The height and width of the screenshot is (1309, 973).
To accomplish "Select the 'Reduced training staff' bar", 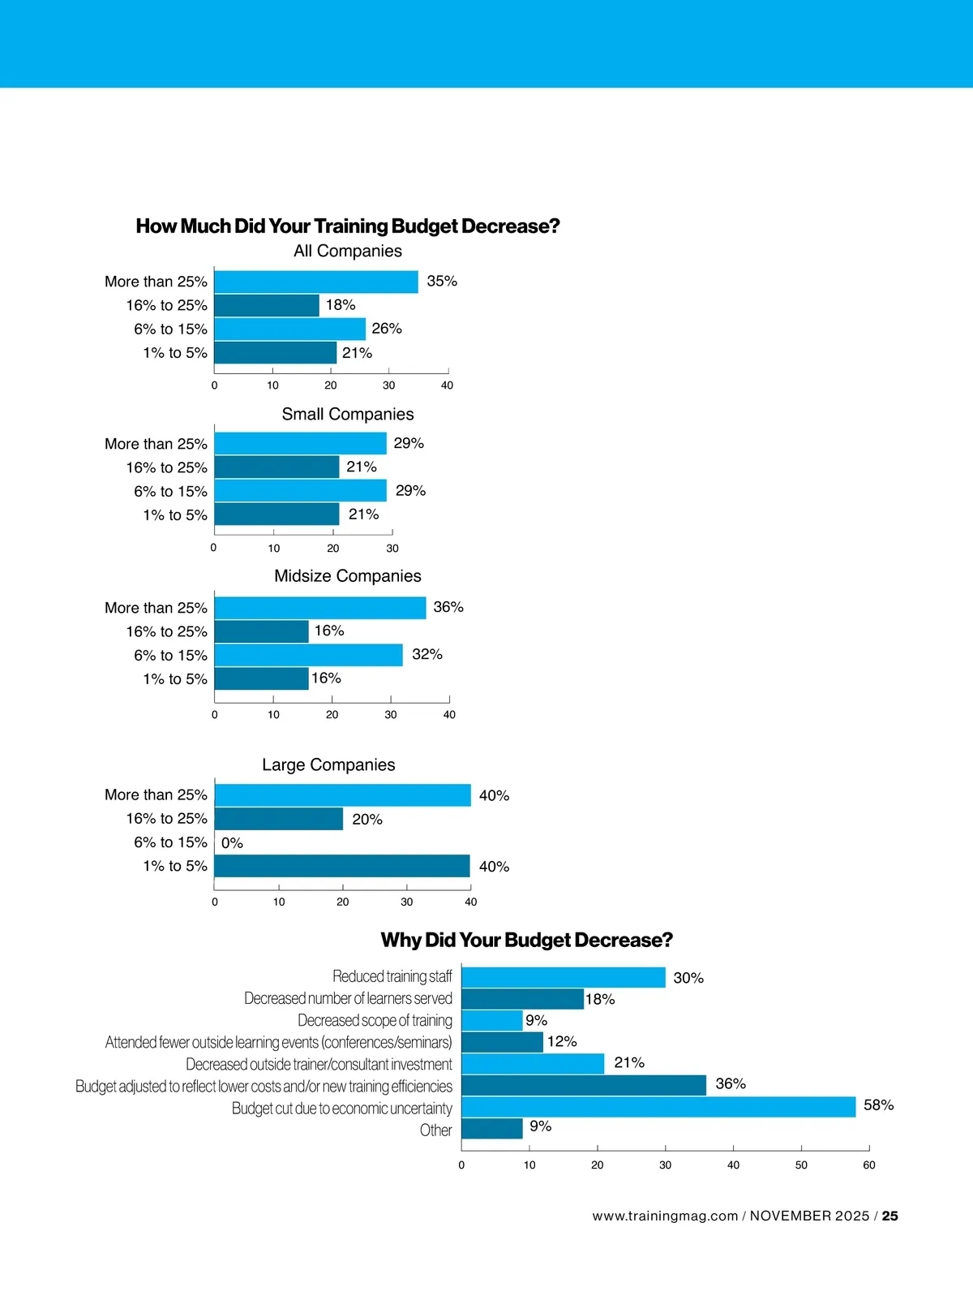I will [564, 977].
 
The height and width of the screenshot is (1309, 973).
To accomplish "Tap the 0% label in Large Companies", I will [232, 843].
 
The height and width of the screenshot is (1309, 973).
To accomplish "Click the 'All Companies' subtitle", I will [348, 251].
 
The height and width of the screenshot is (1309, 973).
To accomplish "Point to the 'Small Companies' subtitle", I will [348, 414].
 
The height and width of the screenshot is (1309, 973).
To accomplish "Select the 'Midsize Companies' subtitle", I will [348, 576].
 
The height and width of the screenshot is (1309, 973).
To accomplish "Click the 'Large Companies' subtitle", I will [328, 764].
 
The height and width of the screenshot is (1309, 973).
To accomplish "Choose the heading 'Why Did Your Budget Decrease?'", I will [527, 940].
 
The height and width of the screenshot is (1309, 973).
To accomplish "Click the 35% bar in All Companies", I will [316, 282].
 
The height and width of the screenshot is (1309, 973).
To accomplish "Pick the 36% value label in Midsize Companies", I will [448, 607].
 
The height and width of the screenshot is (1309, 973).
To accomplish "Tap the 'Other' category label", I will [435, 1130].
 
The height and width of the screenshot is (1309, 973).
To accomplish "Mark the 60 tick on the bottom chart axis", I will [869, 1165].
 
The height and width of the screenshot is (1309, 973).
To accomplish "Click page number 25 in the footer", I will [890, 1216].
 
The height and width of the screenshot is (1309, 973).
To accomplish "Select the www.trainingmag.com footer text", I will [665, 1216].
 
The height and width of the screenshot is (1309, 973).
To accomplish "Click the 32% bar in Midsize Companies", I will [309, 655].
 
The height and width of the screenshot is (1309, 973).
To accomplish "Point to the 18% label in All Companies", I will [341, 305].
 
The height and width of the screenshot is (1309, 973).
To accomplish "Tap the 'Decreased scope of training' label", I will [375, 1020].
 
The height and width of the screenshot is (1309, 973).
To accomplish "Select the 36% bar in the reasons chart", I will [584, 1085].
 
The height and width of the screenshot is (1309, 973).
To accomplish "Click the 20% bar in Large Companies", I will [279, 819].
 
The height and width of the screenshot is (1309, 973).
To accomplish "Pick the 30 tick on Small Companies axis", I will [392, 549].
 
